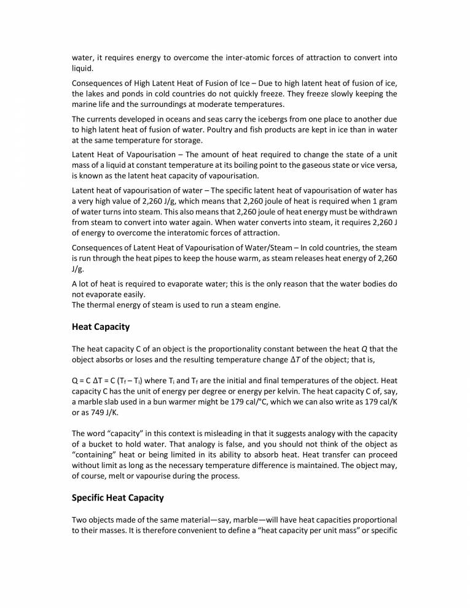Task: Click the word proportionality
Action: pyautogui.click(x=237, y=349)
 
